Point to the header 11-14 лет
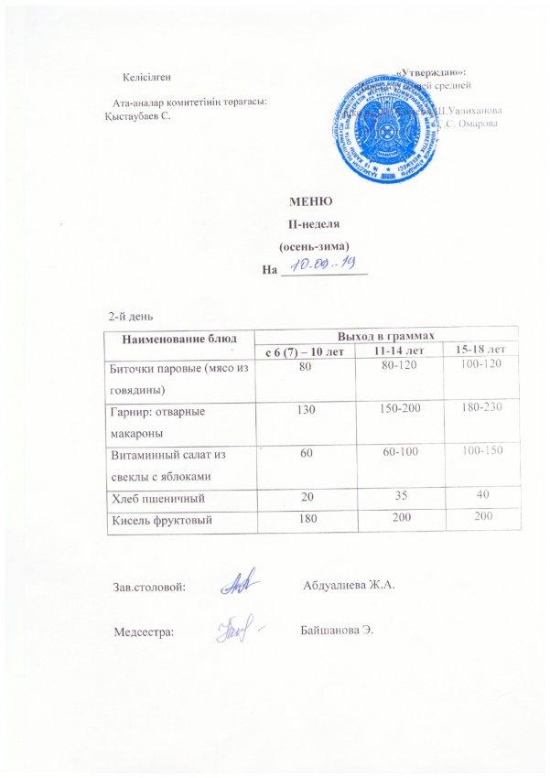pos(399,350)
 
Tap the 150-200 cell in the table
pos(399,405)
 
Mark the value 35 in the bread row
pos(399,497)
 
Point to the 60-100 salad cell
pos(399,451)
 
